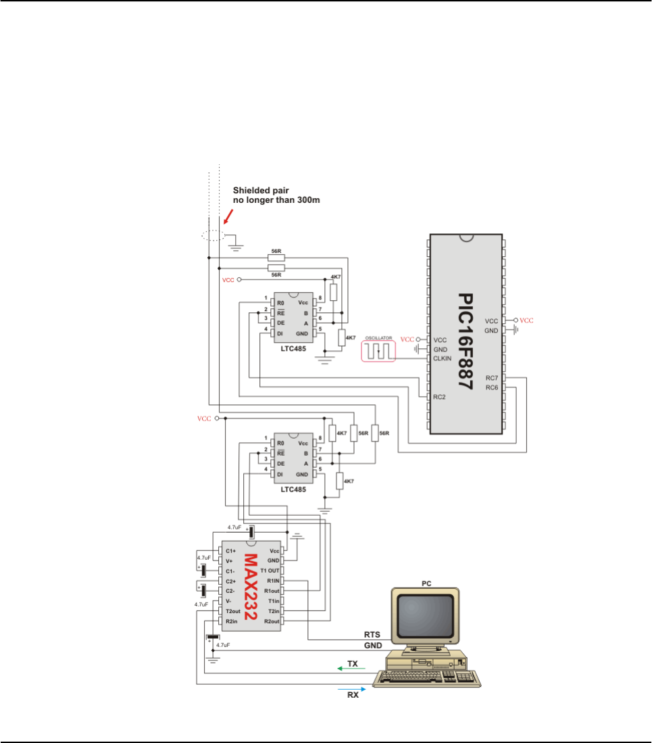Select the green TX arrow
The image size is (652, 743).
[x=348, y=667]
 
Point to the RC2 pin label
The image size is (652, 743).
[x=440, y=398]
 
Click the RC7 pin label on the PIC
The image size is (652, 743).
[x=493, y=378]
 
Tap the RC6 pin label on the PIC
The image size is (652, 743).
[x=493, y=387]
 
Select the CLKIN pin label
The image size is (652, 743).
[x=443, y=358]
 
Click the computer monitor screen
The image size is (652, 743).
[x=424, y=616]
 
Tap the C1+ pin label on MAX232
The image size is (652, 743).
[x=231, y=551]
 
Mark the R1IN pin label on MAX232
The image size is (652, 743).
[x=273, y=581]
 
